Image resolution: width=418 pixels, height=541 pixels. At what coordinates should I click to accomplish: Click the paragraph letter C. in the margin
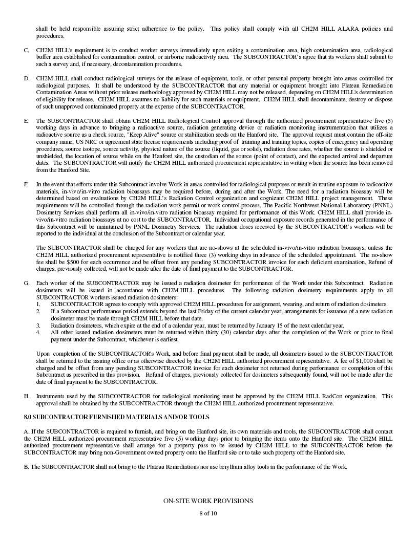[x=26, y=51]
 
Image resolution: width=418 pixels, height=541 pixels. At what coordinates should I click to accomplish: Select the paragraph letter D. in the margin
[x=26, y=78]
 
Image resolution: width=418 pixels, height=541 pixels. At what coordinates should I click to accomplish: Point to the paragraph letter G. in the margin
[x=26, y=283]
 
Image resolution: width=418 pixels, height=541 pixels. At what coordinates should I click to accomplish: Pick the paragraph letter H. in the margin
[x=26, y=396]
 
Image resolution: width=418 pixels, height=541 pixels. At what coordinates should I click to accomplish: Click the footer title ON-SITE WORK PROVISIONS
[x=208, y=501]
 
